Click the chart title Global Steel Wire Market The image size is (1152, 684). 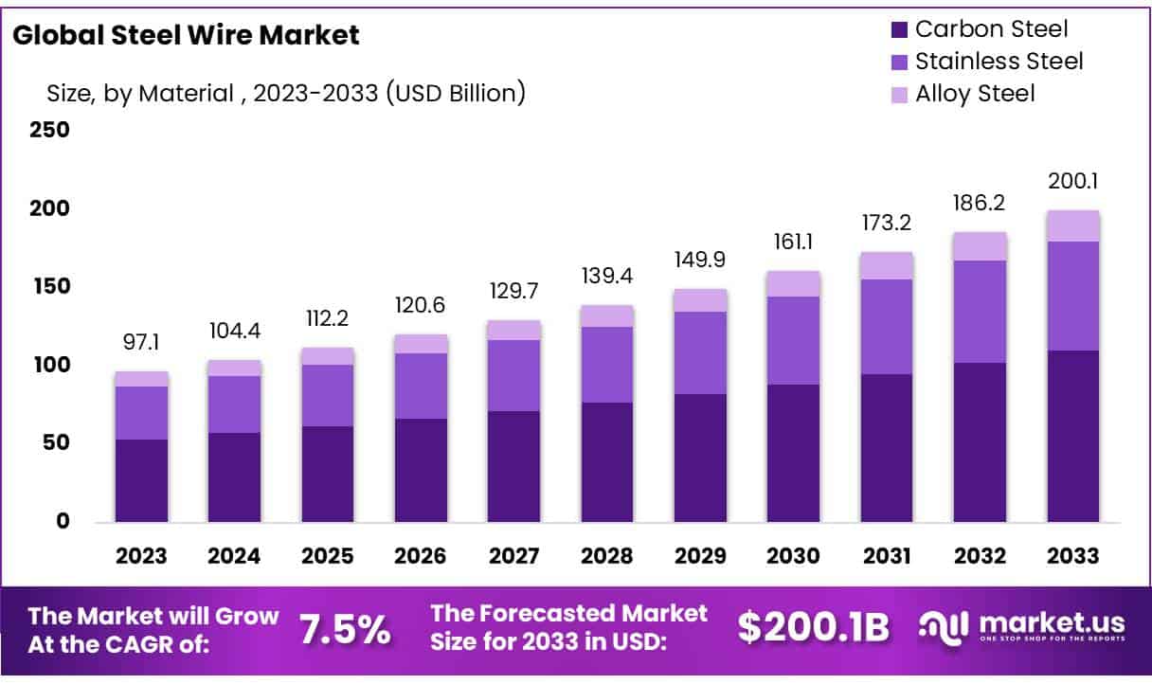(x=187, y=36)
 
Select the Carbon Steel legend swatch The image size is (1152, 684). (x=899, y=29)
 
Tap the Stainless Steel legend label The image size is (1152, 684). (x=999, y=62)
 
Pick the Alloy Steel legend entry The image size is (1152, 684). (x=975, y=94)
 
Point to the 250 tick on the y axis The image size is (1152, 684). (x=50, y=129)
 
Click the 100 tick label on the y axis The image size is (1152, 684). (x=50, y=365)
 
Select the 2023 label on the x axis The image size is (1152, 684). (x=141, y=556)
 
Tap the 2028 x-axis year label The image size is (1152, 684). (x=607, y=556)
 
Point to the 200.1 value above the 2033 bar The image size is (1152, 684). (x=1072, y=182)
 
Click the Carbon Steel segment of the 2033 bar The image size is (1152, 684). (x=1072, y=436)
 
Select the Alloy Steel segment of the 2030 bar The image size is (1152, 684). (x=793, y=283)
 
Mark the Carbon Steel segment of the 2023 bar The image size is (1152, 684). (x=141, y=480)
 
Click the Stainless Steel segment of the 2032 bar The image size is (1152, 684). (x=980, y=312)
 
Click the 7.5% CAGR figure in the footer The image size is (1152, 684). (x=345, y=629)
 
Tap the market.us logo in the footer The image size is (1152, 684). (x=1023, y=626)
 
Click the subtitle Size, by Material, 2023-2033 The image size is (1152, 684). (x=286, y=93)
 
